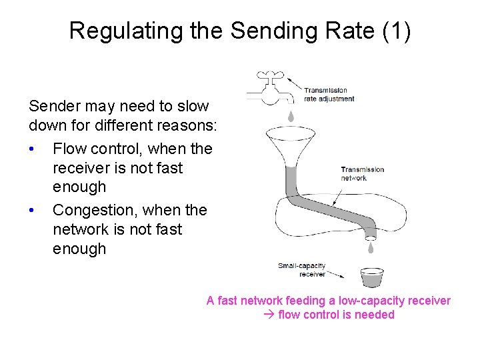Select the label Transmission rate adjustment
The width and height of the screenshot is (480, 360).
coord(329,95)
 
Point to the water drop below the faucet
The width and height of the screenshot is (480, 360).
coord(291,116)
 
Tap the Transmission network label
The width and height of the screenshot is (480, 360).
coord(362,173)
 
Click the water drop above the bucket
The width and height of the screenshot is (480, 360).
coord(371,249)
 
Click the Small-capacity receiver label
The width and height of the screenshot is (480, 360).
coord(302,270)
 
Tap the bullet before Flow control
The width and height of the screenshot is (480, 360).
coord(32,149)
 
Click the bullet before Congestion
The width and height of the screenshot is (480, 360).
coord(32,210)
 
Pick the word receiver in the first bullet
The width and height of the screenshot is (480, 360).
coord(81,168)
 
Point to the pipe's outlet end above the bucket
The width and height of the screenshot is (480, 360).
coord(370,236)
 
